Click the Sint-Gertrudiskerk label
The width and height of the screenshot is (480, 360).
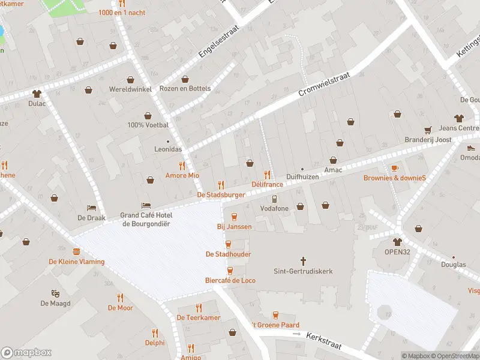click(x=302, y=271)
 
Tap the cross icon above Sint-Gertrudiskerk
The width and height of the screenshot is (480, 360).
click(x=303, y=261)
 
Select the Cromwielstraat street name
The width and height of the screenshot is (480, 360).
click(x=323, y=85)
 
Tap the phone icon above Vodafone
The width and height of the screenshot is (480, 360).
click(x=274, y=199)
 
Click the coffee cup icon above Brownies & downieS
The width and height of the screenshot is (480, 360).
click(x=394, y=168)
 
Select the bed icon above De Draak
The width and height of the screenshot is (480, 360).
click(x=91, y=208)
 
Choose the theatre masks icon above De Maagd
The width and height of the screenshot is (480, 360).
click(x=55, y=293)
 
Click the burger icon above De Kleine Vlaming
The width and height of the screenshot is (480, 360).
click(x=76, y=251)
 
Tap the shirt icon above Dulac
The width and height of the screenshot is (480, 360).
click(x=37, y=93)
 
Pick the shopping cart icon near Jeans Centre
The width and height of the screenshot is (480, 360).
click(x=428, y=130)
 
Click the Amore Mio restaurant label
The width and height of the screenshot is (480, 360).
click(x=182, y=175)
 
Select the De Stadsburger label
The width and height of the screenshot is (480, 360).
click(x=221, y=195)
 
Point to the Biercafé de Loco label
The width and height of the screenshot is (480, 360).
click(x=230, y=280)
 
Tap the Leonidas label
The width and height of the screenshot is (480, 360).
click(x=168, y=149)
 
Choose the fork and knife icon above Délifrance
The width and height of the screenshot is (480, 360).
click(x=267, y=175)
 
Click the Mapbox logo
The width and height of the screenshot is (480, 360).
click(x=26, y=352)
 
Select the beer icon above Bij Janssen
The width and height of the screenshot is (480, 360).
click(x=234, y=217)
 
